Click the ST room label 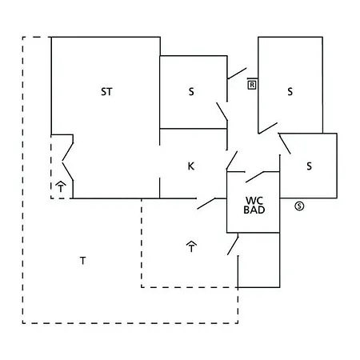[106, 92]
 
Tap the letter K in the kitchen [191, 166]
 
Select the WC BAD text [254, 206]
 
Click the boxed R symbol [252, 85]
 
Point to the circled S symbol [299, 206]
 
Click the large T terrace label [82, 261]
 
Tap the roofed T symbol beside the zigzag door [61, 186]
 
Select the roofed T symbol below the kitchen [191, 246]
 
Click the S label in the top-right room [290, 92]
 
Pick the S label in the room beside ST [191, 92]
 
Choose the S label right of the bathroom [309, 166]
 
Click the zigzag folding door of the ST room [68, 162]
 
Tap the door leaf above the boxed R [237, 74]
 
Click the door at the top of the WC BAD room [254, 177]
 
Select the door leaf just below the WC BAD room [233, 244]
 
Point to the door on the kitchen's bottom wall [206, 203]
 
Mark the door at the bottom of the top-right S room [268, 128]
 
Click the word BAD [254, 210]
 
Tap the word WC [254, 201]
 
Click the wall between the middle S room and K [194, 129]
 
